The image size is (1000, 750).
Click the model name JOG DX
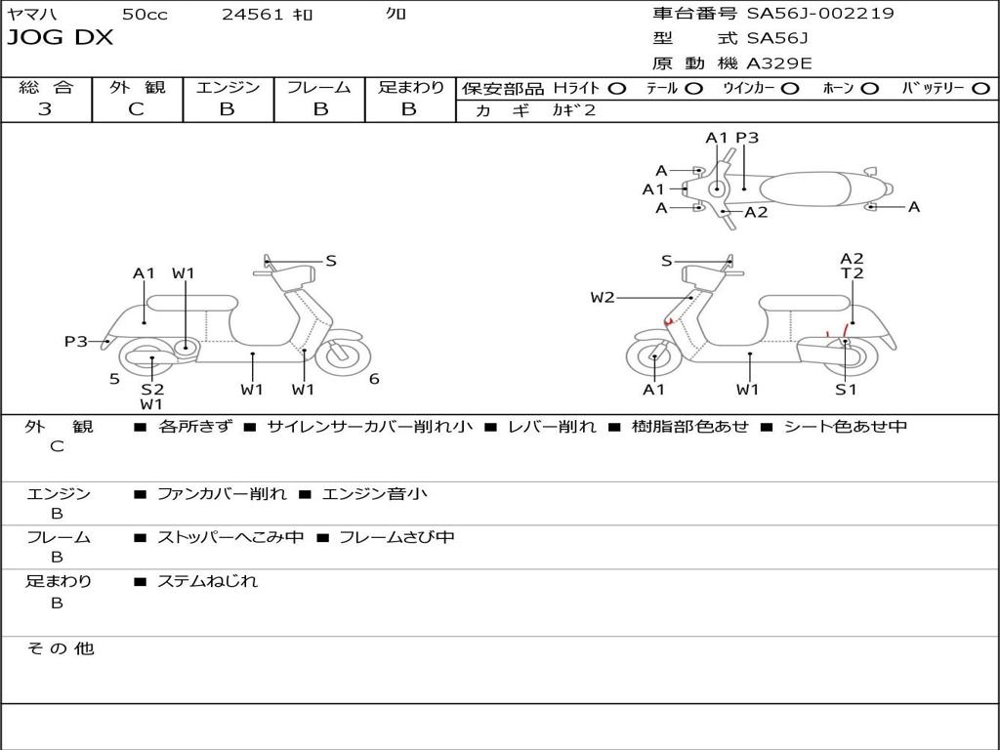[x=61, y=38]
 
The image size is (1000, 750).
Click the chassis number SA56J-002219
[x=820, y=14]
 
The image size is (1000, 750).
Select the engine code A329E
[x=778, y=64]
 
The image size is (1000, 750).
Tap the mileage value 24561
[x=253, y=14]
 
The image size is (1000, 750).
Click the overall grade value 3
[x=45, y=109]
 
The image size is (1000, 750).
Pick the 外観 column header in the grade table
[x=137, y=87]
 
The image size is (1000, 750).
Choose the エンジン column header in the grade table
[x=228, y=87]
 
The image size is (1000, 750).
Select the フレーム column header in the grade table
[x=318, y=87]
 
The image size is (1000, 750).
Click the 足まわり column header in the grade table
[x=410, y=87]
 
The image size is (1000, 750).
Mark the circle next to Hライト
[x=617, y=88]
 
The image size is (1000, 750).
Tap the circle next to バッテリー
[x=980, y=88]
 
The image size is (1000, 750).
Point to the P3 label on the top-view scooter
[x=747, y=138]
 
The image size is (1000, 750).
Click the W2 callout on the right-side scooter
[x=603, y=298]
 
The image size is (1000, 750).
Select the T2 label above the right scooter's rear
[x=852, y=273]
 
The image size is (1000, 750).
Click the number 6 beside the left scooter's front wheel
[x=374, y=379]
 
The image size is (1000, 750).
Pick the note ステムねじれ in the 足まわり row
[x=207, y=581]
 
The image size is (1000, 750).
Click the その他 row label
[x=61, y=648]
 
